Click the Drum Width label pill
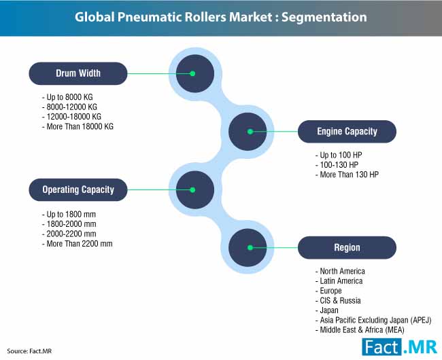click(x=78, y=73)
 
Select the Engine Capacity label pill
click(x=347, y=132)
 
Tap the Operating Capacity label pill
click(x=78, y=190)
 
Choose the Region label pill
click(x=347, y=248)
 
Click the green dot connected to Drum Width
click(x=192, y=73)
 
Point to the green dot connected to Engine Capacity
click(x=250, y=132)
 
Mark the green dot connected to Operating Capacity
click(x=192, y=190)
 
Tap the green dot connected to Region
click(x=250, y=248)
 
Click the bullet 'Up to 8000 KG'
click(x=67, y=97)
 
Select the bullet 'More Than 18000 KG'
click(x=78, y=126)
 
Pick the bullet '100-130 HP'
click(x=337, y=165)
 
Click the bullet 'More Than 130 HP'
click(x=347, y=175)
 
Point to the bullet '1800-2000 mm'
click(x=69, y=224)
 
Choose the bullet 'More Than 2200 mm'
click(x=78, y=244)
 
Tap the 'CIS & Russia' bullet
click(x=338, y=301)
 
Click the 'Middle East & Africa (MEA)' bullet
click(x=360, y=330)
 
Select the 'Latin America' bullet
click(x=339, y=281)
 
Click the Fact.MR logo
click(x=400, y=347)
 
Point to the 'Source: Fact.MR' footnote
click(x=29, y=351)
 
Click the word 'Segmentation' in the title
click(x=324, y=17)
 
